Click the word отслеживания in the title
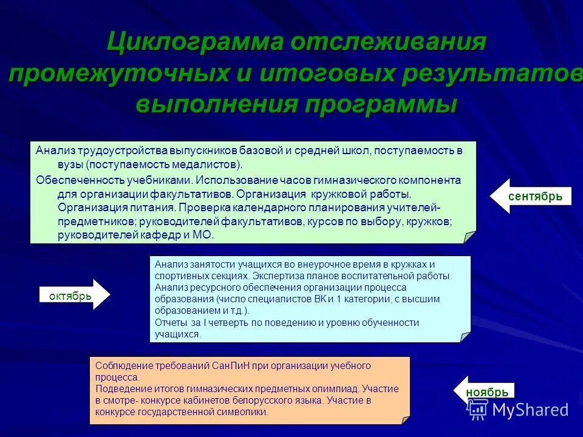coord(388,43)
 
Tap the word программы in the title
coord(381,104)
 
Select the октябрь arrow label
coord(70,296)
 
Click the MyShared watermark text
coord(530,410)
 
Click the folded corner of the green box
coord(469,237)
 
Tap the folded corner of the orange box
coord(404,418)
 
